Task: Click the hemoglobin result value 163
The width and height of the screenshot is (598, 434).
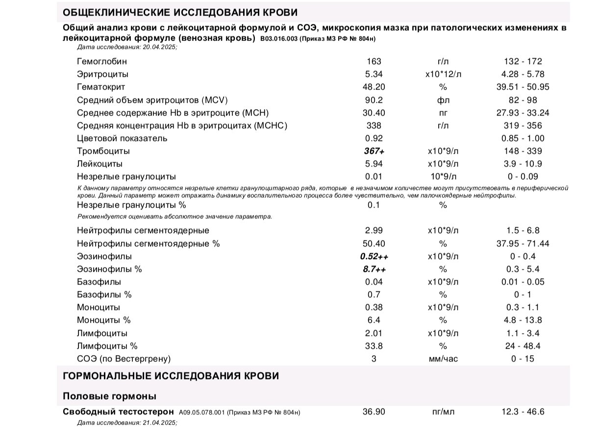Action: pyautogui.click(x=374, y=62)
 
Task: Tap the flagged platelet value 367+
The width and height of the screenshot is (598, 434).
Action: pyautogui.click(x=374, y=151)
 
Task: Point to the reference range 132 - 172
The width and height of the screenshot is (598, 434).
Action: pyautogui.click(x=523, y=62)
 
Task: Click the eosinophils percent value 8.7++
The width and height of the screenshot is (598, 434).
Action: pyautogui.click(x=374, y=269)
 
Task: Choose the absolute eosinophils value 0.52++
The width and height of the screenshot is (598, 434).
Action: pyautogui.click(x=374, y=256)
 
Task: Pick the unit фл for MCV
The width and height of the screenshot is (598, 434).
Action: pyautogui.click(x=443, y=100)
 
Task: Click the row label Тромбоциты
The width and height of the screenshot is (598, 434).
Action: pyautogui.click(x=103, y=151)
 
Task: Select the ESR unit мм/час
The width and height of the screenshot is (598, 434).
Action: pyautogui.click(x=443, y=359)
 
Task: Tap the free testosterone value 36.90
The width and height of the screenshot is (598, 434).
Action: pyautogui.click(x=374, y=412)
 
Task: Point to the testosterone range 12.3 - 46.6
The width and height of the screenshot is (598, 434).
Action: pyautogui.click(x=523, y=412)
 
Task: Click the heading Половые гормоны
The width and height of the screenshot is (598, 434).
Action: pyautogui.click(x=109, y=396)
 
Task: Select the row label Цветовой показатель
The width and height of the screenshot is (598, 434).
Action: pyautogui.click(x=122, y=138)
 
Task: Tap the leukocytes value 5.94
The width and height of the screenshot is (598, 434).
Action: pyautogui.click(x=374, y=164)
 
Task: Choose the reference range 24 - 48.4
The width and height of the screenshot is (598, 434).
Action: pyautogui.click(x=523, y=346)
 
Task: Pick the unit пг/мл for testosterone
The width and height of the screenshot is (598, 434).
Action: pyautogui.click(x=443, y=412)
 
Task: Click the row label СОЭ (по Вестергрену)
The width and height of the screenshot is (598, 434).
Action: pyautogui.click(x=124, y=359)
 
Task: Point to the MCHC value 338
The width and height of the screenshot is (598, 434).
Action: pyautogui.click(x=374, y=125)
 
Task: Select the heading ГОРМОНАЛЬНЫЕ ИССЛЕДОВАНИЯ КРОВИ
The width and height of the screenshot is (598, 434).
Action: pyautogui.click(x=171, y=376)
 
